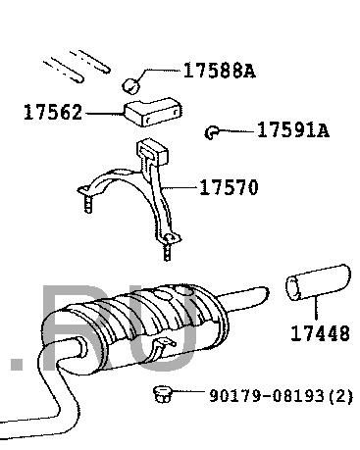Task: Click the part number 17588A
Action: tap(220, 71)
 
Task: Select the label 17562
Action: tap(53, 112)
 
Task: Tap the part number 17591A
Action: tap(293, 130)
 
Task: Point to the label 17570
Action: tap(229, 187)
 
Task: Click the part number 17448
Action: tap(320, 333)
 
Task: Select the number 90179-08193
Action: tap(267, 396)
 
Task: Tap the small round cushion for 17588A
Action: tap(130, 86)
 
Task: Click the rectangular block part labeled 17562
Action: tap(153, 112)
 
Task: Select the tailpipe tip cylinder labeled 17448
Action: tap(318, 282)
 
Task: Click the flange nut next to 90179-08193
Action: tap(163, 394)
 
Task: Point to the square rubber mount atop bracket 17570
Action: tap(152, 151)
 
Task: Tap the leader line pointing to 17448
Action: tap(316, 308)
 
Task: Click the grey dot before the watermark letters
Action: tap(17, 364)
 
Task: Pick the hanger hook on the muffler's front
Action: tap(160, 349)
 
